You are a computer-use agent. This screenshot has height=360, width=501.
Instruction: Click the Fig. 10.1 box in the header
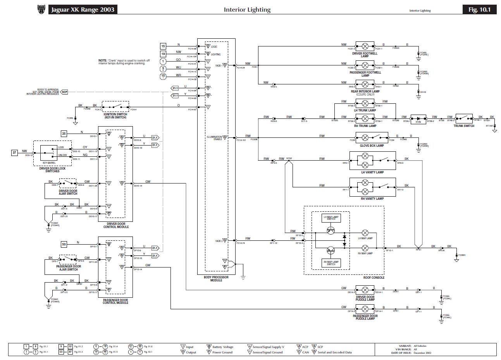click(x=479, y=10)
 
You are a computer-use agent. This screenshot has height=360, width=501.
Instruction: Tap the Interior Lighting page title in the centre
click(x=247, y=10)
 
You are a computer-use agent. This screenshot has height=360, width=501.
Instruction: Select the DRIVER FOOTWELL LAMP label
click(x=365, y=55)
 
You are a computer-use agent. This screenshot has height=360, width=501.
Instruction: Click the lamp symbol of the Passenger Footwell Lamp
click(x=365, y=64)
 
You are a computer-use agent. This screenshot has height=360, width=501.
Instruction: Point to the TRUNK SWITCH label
click(x=464, y=126)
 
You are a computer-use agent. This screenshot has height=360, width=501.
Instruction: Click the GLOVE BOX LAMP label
click(x=372, y=146)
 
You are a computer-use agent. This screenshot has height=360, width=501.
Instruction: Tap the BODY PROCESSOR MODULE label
click(x=216, y=279)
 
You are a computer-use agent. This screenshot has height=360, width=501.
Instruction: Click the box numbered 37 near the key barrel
click(x=15, y=153)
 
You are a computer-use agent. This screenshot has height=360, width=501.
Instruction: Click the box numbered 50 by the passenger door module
click(x=64, y=244)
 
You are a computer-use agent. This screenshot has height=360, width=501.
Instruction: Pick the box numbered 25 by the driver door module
click(x=64, y=134)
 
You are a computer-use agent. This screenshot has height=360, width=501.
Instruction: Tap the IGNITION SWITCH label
click(x=115, y=116)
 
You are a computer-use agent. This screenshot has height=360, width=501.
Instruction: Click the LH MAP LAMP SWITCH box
click(x=331, y=218)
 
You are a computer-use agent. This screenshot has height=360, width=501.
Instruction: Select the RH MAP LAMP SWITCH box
click(x=331, y=263)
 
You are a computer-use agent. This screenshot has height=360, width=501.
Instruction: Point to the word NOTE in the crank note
click(x=102, y=61)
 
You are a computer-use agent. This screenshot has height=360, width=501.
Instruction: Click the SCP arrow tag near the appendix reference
click(x=64, y=92)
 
